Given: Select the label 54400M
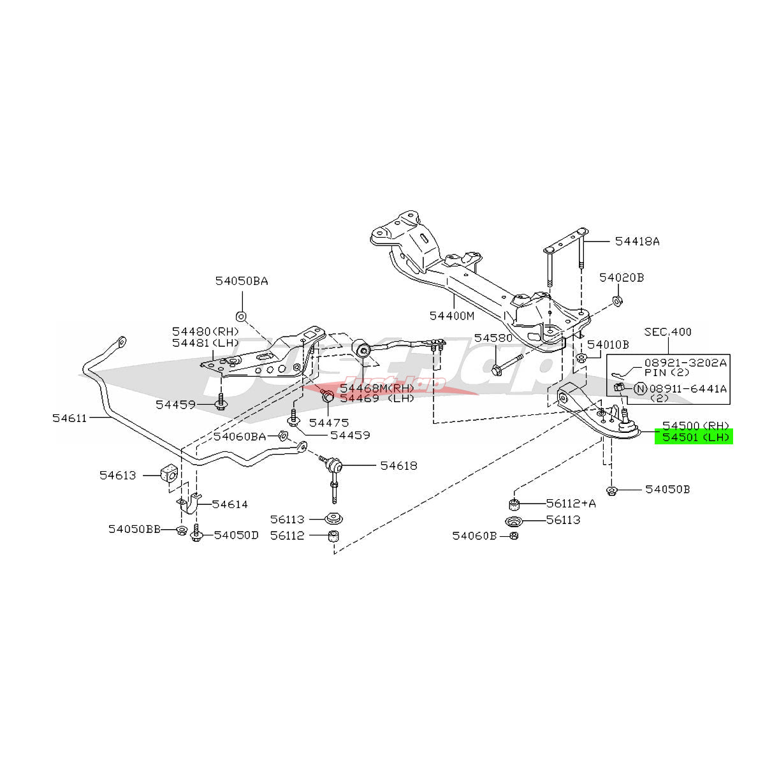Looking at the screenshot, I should pos(451,316).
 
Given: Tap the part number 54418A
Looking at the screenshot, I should pos(637,242).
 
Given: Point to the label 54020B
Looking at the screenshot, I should pos(622,278).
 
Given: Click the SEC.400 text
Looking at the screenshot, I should pos(667,332).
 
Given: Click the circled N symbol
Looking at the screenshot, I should pos(639,388).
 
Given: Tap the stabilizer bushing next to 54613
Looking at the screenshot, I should pos(169,474).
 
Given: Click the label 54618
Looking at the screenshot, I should pos(398,465).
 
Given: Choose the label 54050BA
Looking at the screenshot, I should pos(241,280).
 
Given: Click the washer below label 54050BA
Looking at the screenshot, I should pos(241,316).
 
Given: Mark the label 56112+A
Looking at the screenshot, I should pos(571,504).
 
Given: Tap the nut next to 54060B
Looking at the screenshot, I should pos(514,535).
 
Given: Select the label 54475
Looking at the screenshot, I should pos(329,422).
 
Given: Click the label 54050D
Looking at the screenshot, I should pos(236,535).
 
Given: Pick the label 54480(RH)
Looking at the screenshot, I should pos(205,331).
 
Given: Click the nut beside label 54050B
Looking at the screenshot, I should pos(611,490).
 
